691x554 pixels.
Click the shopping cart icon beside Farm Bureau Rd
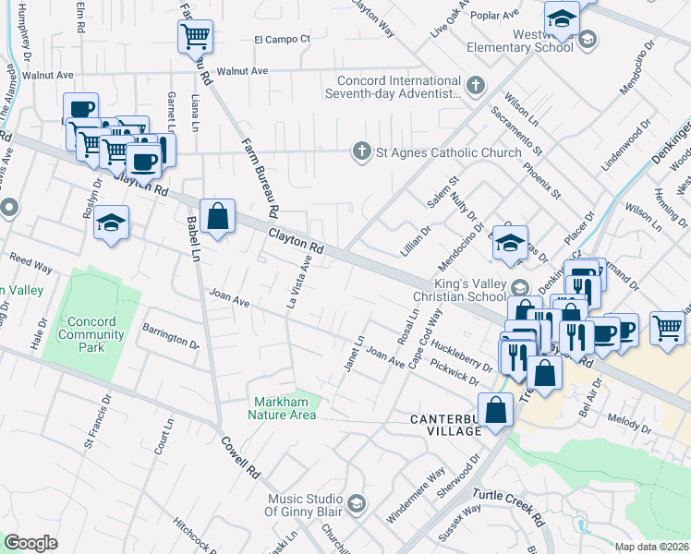coord(195,37)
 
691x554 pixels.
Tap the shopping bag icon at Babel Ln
coord(217,218)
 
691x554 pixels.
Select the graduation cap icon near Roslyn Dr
coord(111,224)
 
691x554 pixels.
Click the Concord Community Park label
coord(92,334)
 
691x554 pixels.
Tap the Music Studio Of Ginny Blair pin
coord(357,504)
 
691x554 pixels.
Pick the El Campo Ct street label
coord(283,40)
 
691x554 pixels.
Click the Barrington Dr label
coord(170,335)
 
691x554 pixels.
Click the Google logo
coord(30,543)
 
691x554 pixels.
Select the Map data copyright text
coord(651,546)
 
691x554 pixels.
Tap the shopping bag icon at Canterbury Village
coord(496,409)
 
